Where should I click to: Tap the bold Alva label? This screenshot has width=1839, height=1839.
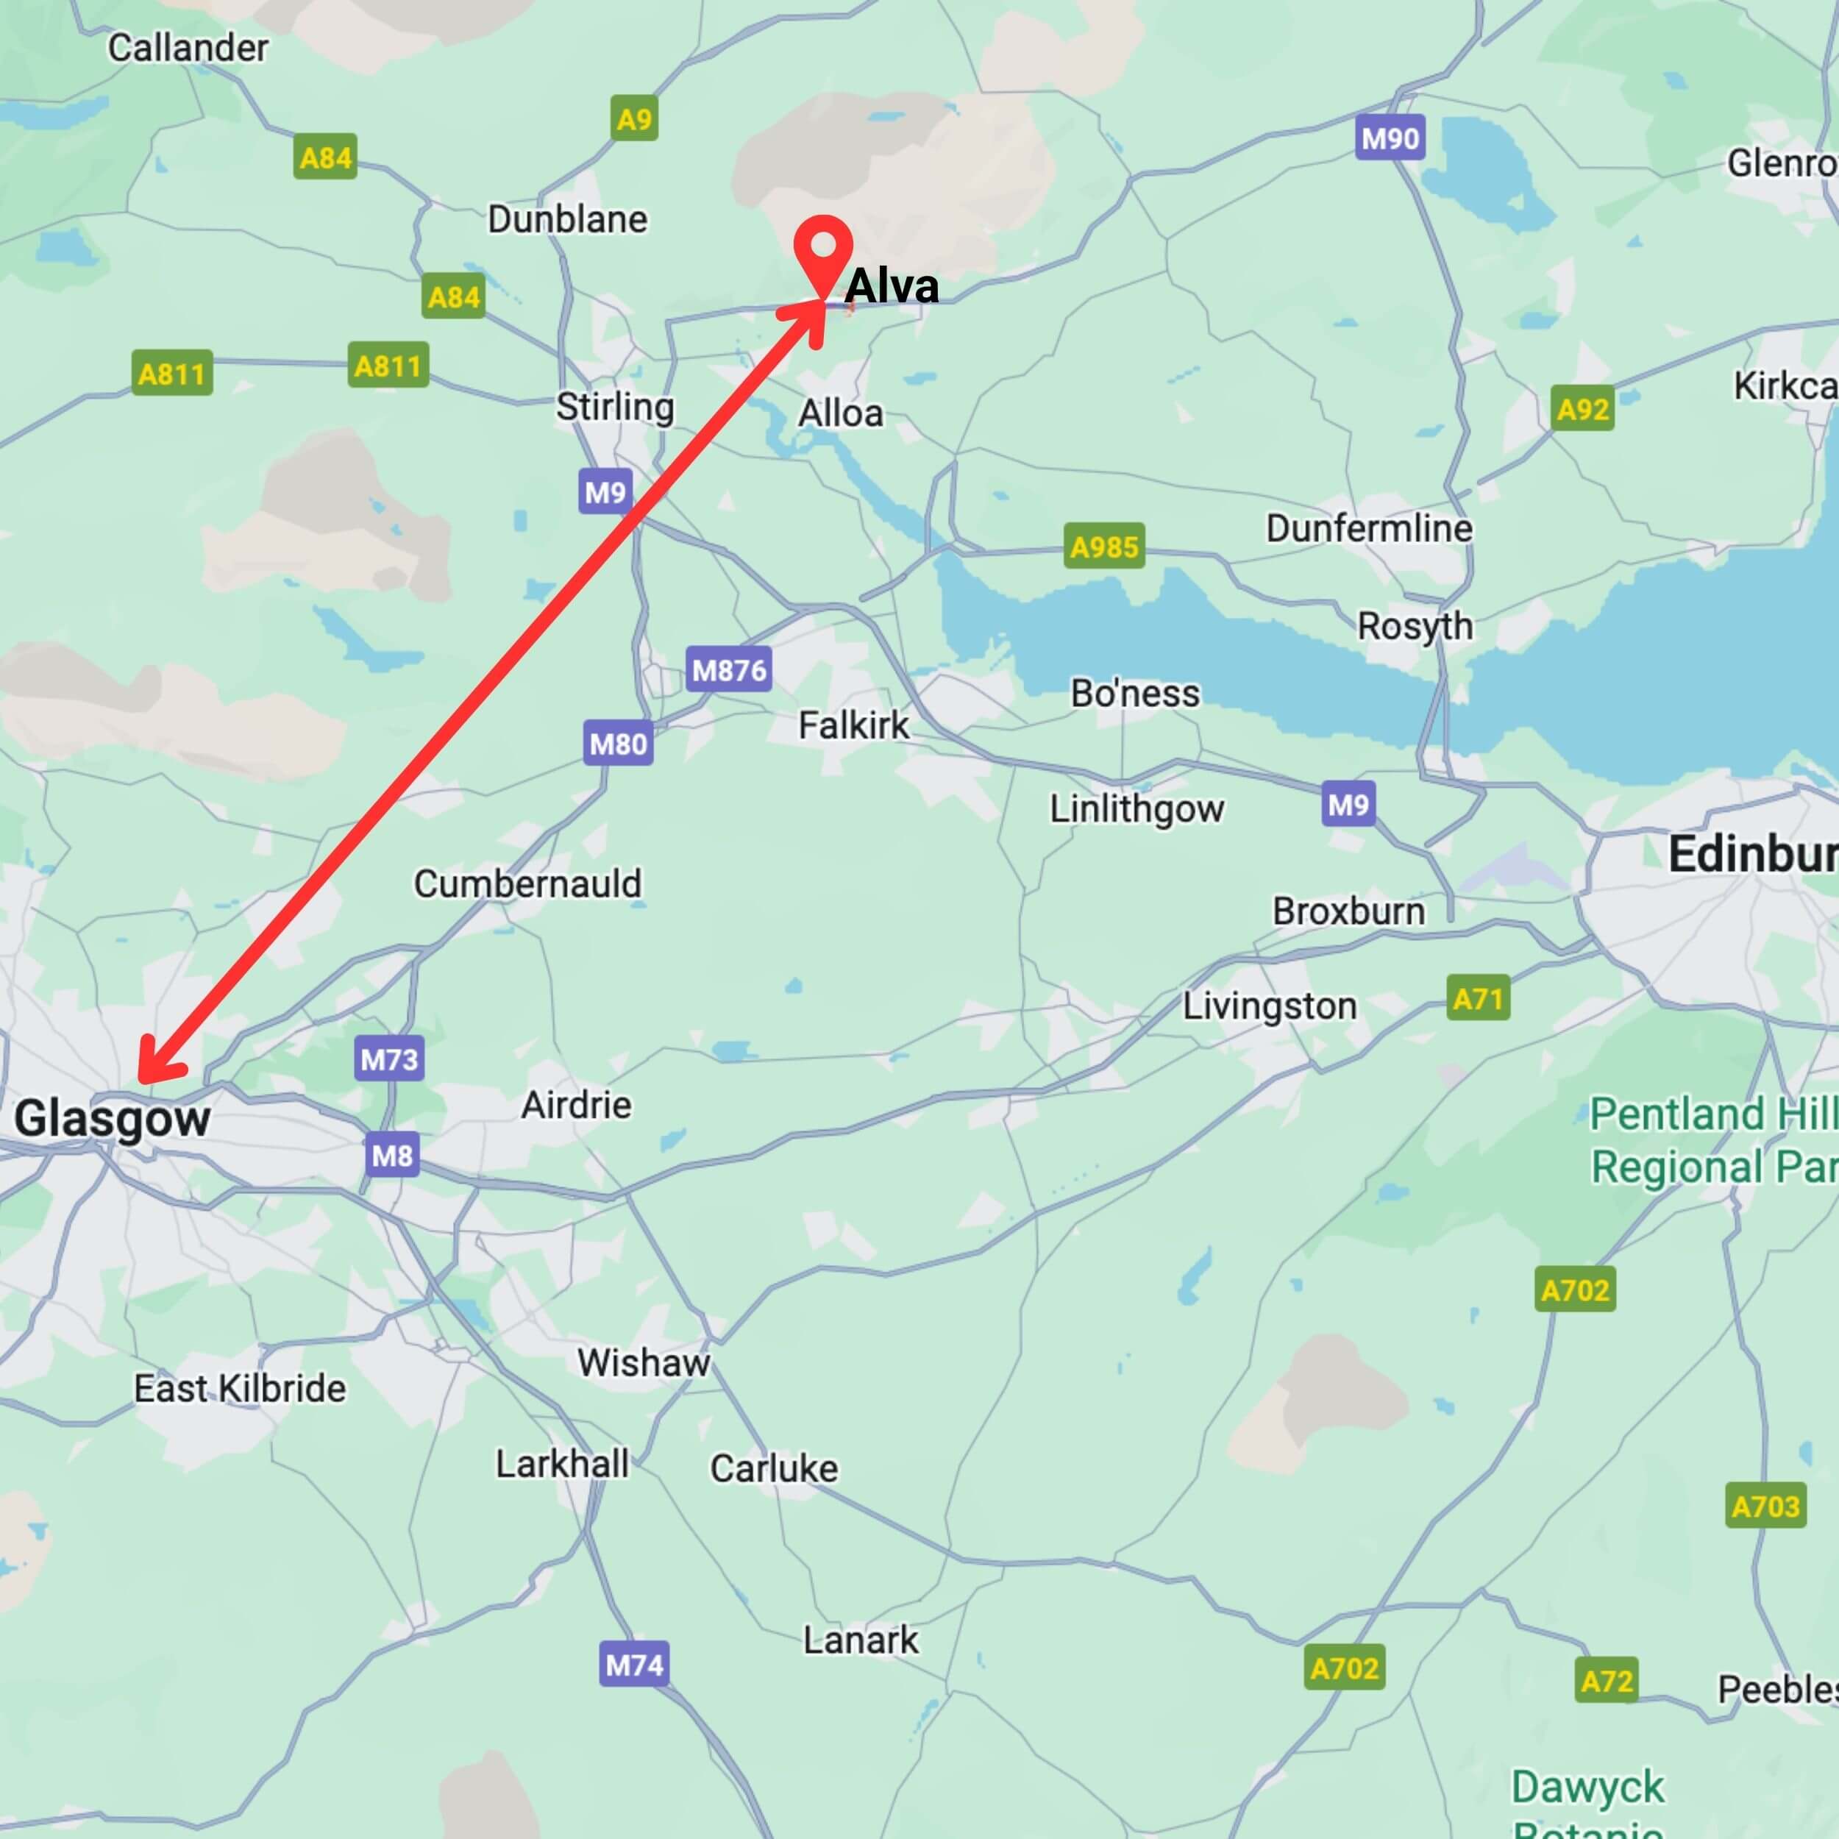pyautogui.click(x=891, y=285)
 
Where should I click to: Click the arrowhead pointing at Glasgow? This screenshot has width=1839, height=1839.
pyautogui.click(x=152, y=1068)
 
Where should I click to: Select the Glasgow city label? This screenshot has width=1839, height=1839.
pyautogui.click(x=113, y=1118)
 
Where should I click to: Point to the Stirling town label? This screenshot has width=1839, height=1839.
pyautogui.click(x=615, y=407)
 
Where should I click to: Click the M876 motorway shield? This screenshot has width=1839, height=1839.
pyautogui.click(x=728, y=670)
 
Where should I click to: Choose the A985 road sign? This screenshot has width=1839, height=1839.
pyautogui.click(x=1103, y=547)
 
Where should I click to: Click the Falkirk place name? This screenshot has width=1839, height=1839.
pyautogui.click(x=853, y=725)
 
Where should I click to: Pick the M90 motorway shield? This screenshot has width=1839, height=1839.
pyautogui.click(x=1390, y=139)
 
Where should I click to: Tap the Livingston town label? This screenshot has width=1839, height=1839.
pyautogui.click(x=1269, y=1006)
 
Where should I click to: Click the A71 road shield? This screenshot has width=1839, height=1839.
pyautogui.click(x=1477, y=998)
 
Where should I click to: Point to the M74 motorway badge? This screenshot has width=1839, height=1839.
pyautogui.click(x=634, y=1665)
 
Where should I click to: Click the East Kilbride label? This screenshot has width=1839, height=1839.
pyautogui.click(x=240, y=1389)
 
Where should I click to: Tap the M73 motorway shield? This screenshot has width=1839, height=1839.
pyautogui.click(x=388, y=1059)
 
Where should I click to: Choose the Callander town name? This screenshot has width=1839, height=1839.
pyautogui.click(x=188, y=48)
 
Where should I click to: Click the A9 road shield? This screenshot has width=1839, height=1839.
pyautogui.click(x=634, y=119)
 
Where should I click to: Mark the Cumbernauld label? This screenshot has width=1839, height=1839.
pyautogui.click(x=527, y=883)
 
